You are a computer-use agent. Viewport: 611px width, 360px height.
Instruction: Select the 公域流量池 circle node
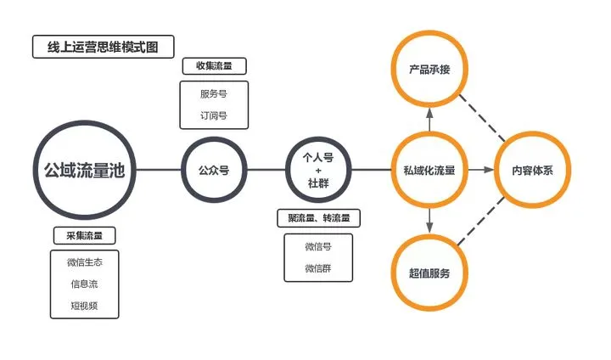pyautogui.click(x=84, y=170)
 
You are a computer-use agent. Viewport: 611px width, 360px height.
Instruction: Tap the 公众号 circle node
pyautogui.click(x=214, y=170)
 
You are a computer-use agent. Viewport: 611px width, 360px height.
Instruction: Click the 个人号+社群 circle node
pyautogui.click(x=318, y=170)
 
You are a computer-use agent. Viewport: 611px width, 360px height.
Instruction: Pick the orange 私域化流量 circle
pyautogui.click(x=429, y=170)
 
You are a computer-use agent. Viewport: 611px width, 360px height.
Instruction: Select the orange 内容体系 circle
pyautogui.click(x=532, y=170)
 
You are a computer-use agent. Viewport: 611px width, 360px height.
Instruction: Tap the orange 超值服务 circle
pyautogui.click(x=429, y=273)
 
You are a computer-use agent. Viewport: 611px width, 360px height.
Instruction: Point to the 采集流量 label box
pyautogui.click(x=84, y=235)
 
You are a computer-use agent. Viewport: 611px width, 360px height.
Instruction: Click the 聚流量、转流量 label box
pyautogui.click(x=318, y=218)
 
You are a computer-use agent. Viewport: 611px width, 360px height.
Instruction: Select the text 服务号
pyautogui.click(x=214, y=94)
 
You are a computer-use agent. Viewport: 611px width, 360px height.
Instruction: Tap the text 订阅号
pyautogui.click(x=214, y=115)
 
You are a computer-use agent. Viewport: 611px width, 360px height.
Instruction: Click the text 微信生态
pyautogui.click(x=84, y=263)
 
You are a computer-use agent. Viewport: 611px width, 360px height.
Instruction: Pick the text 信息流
pyautogui.click(x=84, y=284)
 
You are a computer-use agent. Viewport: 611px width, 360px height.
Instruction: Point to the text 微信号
pyautogui.click(x=318, y=247)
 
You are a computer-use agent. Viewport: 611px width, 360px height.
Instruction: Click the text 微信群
pyautogui.click(x=318, y=268)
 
